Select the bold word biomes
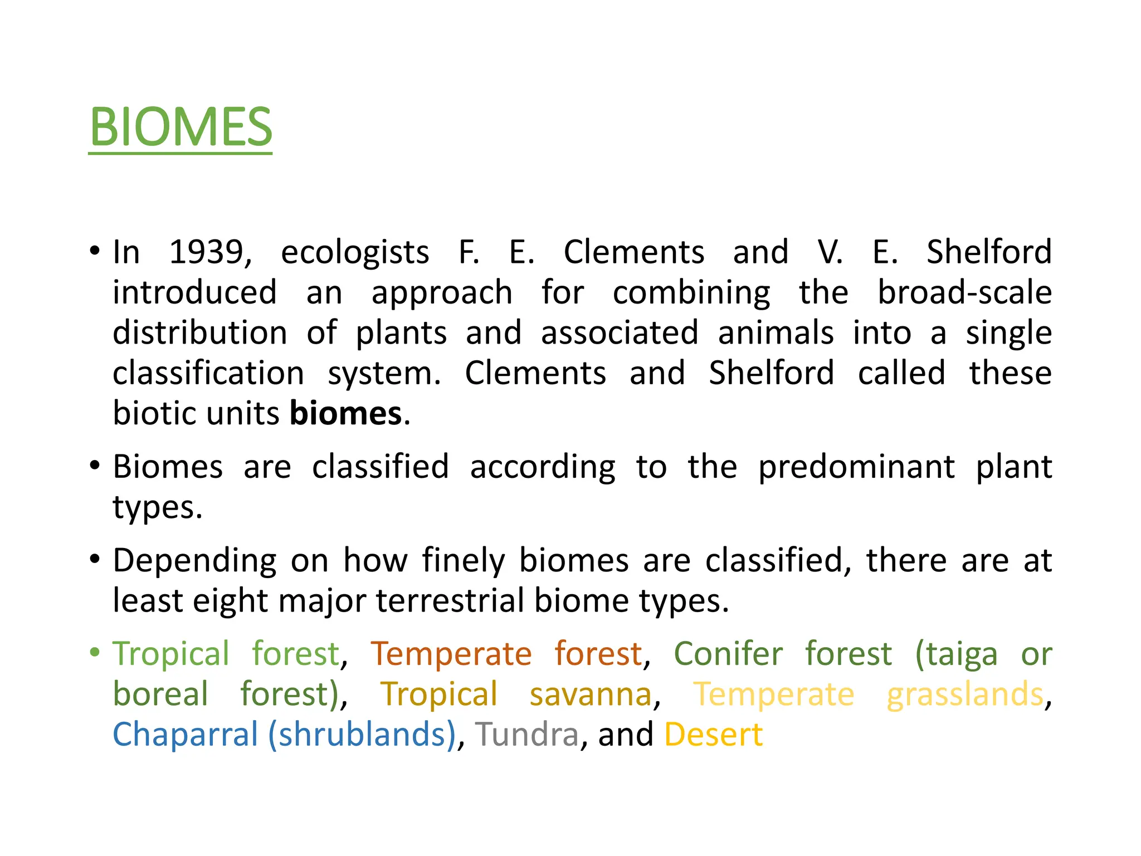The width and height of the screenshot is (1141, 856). click(345, 414)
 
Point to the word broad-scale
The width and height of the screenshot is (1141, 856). click(964, 293)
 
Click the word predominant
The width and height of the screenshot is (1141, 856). click(856, 467)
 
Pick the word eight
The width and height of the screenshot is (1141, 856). click(230, 601)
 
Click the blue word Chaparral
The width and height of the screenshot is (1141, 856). click(185, 735)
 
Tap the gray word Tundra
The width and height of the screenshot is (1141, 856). click(526, 735)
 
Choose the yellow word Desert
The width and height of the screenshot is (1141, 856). click(713, 735)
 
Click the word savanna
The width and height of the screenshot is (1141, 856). click(591, 694)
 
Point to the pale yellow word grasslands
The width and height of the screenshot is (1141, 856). click(965, 694)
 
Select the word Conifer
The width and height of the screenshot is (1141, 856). click(728, 654)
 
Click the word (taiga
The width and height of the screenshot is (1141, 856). click(956, 654)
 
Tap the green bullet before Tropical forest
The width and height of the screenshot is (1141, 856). click(95, 652)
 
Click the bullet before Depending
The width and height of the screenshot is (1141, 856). click(95, 559)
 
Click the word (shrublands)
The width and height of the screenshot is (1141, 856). click(362, 735)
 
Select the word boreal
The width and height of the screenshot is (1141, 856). click(160, 694)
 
